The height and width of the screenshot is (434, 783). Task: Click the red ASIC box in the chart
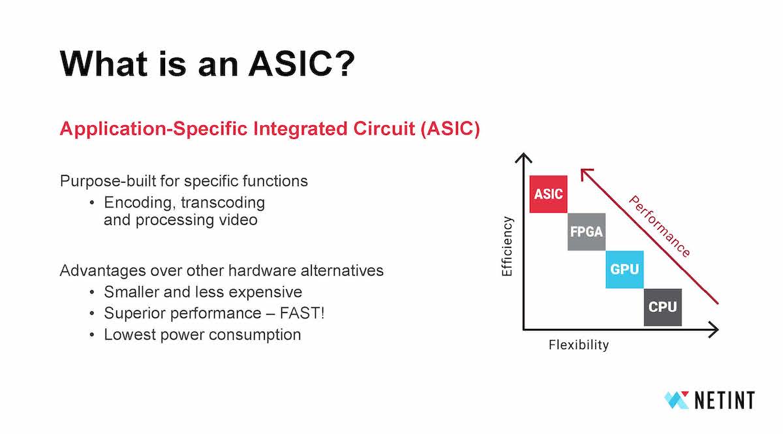548,194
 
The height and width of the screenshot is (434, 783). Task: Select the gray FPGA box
587,232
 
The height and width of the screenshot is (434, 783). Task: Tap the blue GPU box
624,269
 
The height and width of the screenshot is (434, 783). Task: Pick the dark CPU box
663,307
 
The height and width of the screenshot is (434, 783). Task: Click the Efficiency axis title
508,246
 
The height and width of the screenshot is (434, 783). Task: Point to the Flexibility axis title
578,345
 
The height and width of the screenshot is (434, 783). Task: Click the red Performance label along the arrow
659,226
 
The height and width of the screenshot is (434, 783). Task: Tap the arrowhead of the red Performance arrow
585,172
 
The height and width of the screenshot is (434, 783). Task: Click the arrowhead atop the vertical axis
523,157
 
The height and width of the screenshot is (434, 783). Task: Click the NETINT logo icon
677,400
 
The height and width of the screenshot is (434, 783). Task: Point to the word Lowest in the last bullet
128,335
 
